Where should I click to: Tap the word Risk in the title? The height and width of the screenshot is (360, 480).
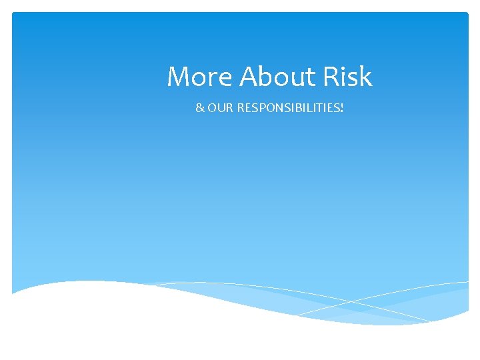click(347, 77)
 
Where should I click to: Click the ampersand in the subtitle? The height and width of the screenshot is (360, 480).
click(199, 107)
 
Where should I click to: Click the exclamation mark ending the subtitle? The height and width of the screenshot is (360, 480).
click(342, 107)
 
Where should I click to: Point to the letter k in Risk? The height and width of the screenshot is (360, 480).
click(365, 77)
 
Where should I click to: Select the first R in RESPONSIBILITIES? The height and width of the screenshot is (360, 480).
click(241, 107)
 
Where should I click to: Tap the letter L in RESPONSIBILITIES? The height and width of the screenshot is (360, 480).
click(312, 107)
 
